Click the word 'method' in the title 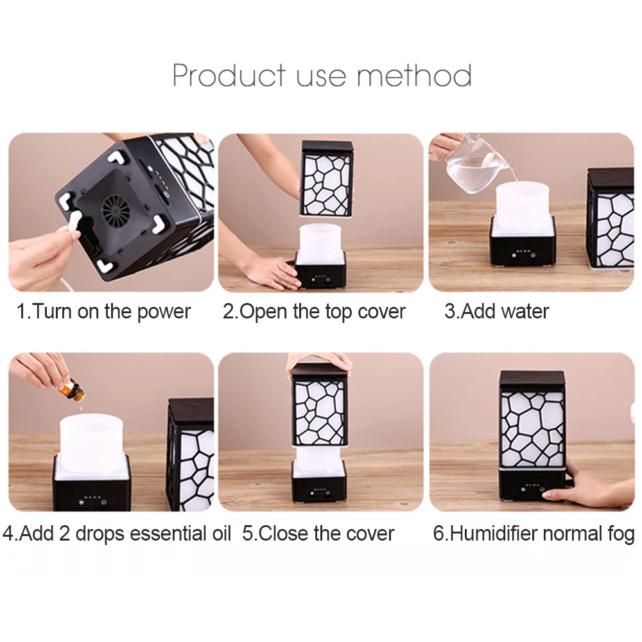pos(414,75)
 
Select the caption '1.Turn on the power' pos(104,312)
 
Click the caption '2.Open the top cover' pos(314,312)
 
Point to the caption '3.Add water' pos(496,312)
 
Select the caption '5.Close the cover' pos(318,534)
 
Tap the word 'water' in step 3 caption pos(525,312)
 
